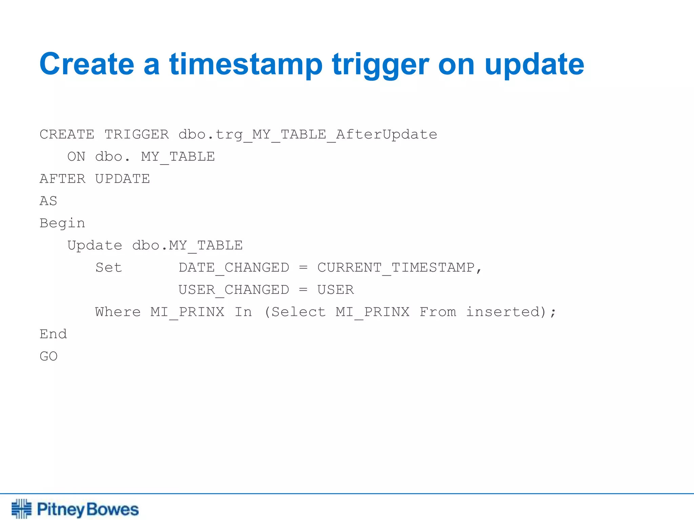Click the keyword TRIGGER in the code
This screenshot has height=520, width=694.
click(137, 134)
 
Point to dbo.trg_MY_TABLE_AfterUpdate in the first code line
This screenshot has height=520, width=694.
click(308, 134)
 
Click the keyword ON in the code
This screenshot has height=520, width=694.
click(76, 157)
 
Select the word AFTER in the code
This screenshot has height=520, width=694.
click(62, 179)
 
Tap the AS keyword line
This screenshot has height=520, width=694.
click(48, 201)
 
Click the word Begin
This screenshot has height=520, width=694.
click(62, 223)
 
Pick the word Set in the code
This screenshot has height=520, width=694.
click(108, 268)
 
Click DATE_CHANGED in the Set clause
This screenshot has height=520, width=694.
click(234, 268)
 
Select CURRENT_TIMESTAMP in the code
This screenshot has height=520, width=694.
click(395, 268)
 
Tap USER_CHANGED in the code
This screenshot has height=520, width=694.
click(234, 290)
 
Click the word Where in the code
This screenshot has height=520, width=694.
click(118, 312)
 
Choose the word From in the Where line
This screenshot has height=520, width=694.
click(438, 312)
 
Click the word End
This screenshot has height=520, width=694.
click(53, 334)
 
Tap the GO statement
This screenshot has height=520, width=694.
click(48, 356)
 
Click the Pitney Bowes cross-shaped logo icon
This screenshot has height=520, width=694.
click(21, 508)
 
